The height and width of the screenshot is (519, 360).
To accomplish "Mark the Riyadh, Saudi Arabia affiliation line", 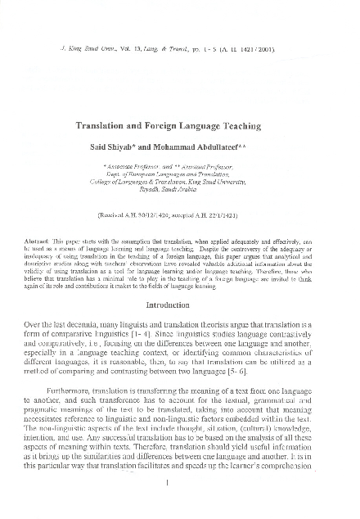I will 180,187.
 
